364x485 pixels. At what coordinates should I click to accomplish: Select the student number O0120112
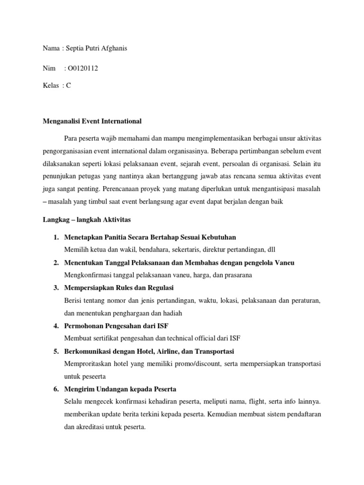tap(83, 69)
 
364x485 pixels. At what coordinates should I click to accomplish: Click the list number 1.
tap(55, 237)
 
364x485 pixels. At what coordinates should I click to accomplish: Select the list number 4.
tap(55, 326)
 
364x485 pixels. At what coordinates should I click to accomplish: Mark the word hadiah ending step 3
tap(172, 313)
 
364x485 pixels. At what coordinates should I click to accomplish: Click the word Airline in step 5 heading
tap(171, 351)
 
